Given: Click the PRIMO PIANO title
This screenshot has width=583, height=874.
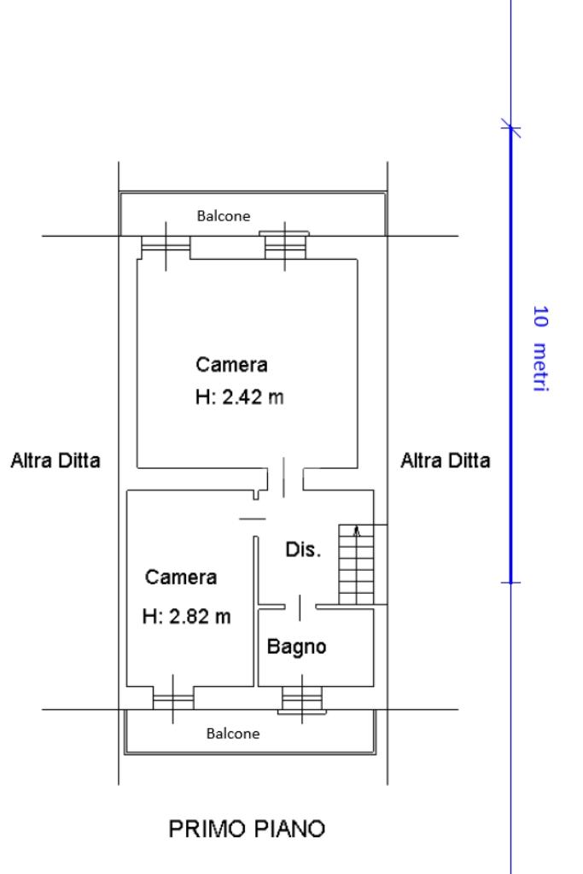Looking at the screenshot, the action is click(x=247, y=829).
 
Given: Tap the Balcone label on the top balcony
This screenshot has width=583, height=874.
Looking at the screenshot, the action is click(x=224, y=215).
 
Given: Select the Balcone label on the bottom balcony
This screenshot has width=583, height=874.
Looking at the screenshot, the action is click(x=233, y=733).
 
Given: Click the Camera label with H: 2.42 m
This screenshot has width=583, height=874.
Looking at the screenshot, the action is click(x=231, y=365).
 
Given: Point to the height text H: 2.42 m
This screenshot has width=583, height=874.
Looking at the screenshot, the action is click(x=240, y=397).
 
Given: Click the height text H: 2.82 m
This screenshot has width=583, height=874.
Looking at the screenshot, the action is click(x=187, y=617).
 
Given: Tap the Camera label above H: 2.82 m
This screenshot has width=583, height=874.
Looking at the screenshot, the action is click(x=181, y=577).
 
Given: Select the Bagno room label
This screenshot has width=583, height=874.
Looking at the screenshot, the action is click(x=296, y=647).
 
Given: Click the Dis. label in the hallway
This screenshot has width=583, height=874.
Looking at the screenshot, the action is click(x=304, y=549).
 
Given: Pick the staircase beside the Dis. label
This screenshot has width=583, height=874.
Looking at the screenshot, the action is click(x=356, y=565).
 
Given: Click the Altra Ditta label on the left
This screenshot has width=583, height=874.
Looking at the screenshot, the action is click(x=55, y=460).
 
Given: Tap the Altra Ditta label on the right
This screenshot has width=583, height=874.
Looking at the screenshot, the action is click(x=446, y=460).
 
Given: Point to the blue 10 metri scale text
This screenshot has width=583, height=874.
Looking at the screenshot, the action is click(x=540, y=349).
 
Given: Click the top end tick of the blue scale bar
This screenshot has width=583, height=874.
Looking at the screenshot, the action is click(x=510, y=127).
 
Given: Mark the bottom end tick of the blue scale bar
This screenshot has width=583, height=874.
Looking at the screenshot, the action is click(x=510, y=583).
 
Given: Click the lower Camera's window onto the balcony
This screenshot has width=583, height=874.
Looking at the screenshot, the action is click(x=173, y=697).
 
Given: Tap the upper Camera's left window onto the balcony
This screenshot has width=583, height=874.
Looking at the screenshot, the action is click(x=166, y=248).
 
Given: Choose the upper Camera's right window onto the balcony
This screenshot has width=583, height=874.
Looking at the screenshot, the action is click(x=284, y=246).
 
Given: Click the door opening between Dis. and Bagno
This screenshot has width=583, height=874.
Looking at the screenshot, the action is click(x=300, y=607).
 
